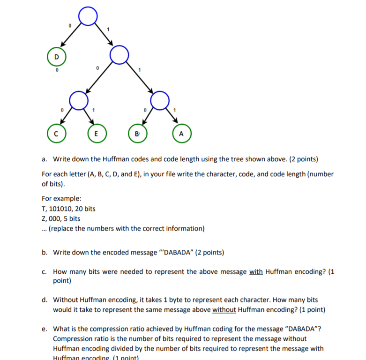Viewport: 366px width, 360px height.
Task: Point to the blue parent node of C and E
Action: point(78,99)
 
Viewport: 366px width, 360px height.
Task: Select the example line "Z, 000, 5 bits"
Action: point(61,219)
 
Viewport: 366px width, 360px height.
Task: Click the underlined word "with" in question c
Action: point(256,272)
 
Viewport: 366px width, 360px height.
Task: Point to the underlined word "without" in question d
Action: point(224,309)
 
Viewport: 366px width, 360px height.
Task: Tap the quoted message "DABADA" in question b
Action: point(180,253)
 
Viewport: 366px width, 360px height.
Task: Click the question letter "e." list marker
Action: point(44,329)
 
